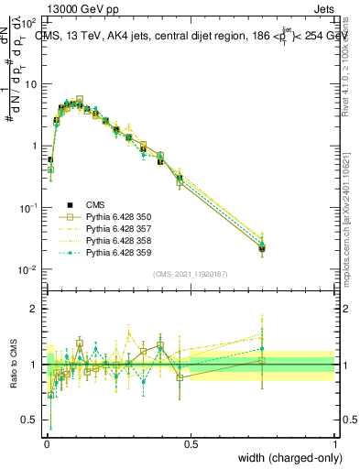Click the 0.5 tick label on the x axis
click(x=191, y=444)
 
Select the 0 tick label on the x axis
click(x=47, y=444)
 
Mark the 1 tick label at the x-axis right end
click(x=334, y=444)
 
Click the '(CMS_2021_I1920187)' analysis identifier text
click(x=191, y=274)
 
